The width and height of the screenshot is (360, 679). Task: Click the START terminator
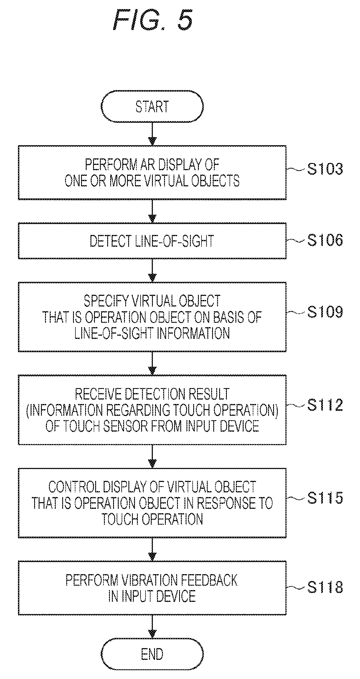152,106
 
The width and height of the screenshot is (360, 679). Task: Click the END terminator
152,654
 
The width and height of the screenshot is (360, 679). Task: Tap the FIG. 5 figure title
153,20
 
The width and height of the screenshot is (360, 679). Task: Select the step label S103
325,169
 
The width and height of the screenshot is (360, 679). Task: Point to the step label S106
325,240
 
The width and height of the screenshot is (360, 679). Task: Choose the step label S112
325,405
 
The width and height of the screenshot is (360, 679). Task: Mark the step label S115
325,498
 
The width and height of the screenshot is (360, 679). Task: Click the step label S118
325,587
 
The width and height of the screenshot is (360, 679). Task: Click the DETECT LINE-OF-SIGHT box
152,241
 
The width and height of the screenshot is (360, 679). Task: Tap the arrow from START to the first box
152,134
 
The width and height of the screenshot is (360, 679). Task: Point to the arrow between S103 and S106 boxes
152,211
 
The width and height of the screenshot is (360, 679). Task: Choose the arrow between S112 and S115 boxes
152,456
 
